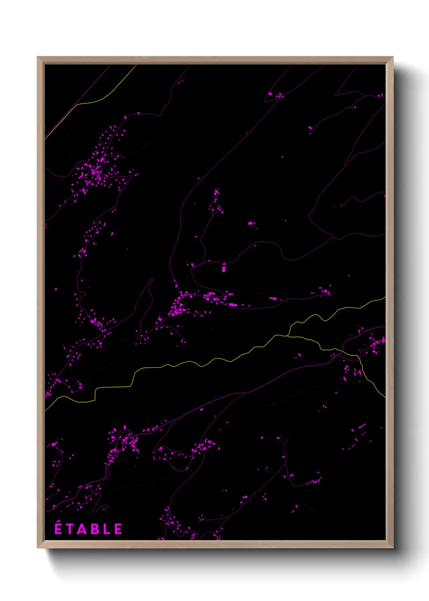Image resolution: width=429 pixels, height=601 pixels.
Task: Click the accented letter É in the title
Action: [x=58, y=529]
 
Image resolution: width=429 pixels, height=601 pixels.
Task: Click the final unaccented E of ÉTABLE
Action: [x=118, y=530]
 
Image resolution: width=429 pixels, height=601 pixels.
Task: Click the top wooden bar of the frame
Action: [x=215, y=60]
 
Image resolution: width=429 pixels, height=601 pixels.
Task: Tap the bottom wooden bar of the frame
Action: [x=215, y=544]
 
